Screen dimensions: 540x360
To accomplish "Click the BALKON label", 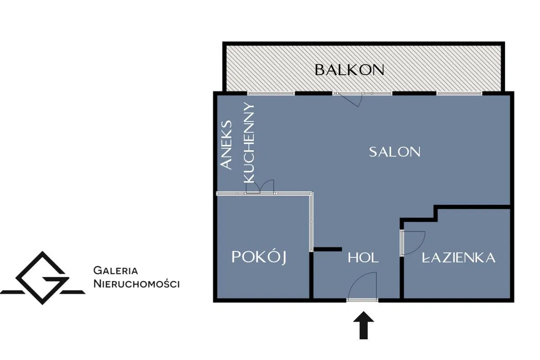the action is coord(349,70).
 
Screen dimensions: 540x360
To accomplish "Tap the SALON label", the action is coord(395,152).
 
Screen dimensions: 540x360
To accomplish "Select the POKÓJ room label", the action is coord(259,257).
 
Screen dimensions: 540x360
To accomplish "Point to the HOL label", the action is coord(363,258).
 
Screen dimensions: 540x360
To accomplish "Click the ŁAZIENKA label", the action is coord(459,257).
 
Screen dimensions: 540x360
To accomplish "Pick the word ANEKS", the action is coord(226,145).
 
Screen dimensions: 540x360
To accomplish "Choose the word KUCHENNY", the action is coord(249,143).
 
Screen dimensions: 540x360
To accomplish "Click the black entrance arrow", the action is coord(364,325).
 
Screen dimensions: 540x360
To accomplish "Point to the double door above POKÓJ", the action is coord(260,187).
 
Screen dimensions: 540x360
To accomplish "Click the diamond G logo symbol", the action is coord(43,278).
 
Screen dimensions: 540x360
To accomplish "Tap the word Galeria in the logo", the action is coord(116,270).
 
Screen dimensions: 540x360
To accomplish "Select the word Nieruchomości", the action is coord(136,284).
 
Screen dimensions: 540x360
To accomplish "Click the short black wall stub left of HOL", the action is coord(328,249).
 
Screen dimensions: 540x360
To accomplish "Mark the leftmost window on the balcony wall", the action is coord(271,93).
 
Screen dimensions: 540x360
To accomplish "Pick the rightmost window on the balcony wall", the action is coord(459,93).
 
